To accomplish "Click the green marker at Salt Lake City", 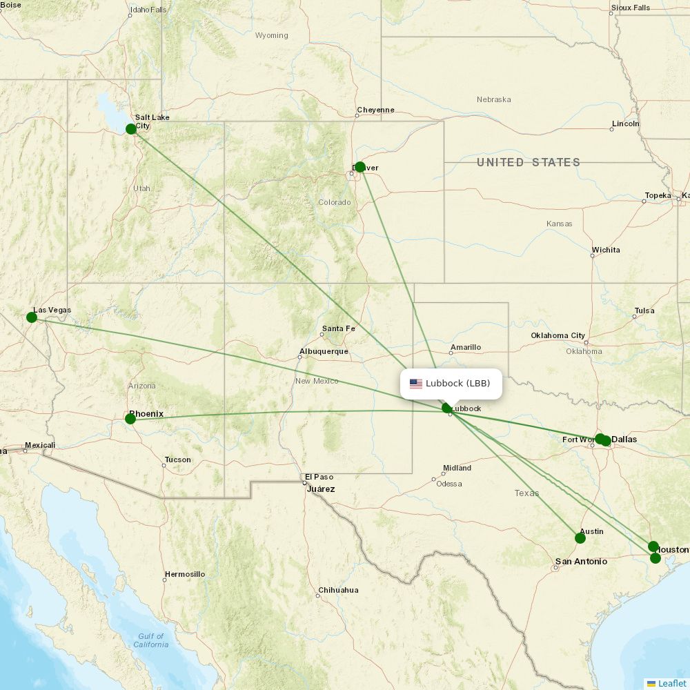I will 131,129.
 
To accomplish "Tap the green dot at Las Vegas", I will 32,317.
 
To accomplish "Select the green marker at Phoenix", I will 130,419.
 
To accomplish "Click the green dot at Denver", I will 359,167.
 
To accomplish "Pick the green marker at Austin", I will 580,538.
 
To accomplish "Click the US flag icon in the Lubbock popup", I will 415,384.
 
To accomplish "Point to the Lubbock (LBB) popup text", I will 457,384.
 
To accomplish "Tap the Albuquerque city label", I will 328,351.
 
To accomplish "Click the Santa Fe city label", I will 338,328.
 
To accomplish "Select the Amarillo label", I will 466,347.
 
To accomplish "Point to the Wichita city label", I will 606,250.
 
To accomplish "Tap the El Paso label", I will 319,477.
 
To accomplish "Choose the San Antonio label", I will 581,562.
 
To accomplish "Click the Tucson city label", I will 178,460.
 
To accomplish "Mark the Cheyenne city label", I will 375,110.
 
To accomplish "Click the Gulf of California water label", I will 150,640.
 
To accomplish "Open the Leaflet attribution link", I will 671,683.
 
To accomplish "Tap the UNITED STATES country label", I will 528,162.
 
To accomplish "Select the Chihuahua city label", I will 338,591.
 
